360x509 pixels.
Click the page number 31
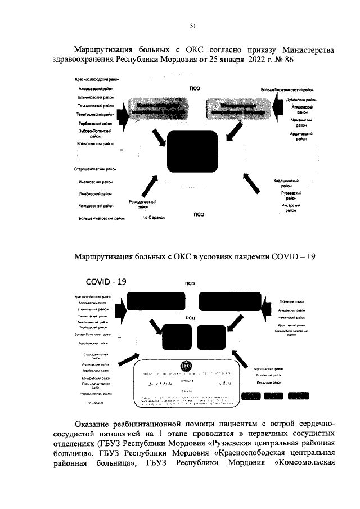(193, 26)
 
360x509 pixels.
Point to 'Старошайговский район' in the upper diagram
(94, 169)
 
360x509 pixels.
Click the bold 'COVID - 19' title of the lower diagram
(106, 281)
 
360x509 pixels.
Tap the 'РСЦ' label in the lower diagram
(190, 318)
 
